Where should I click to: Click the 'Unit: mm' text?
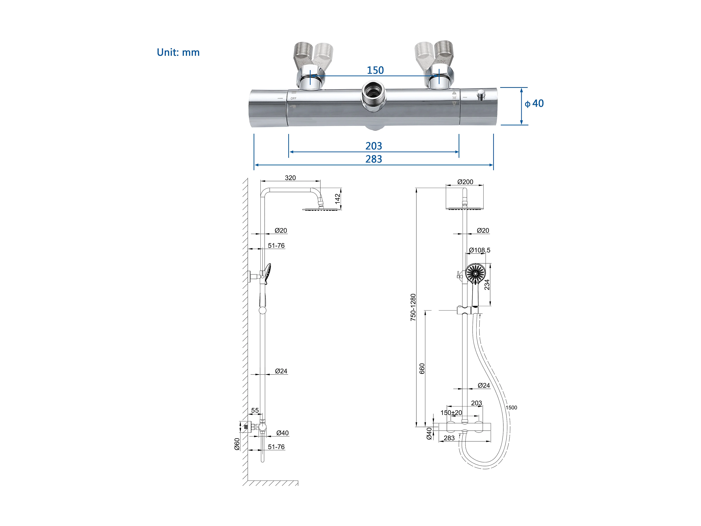pyautogui.click(x=178, y=52)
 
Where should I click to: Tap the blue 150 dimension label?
pyautogui.click(x=375, y=70)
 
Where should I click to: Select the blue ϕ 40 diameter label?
pyautogui.click(x=534, y=103)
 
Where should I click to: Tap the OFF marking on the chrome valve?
pyautogui.click(x=294, y=99)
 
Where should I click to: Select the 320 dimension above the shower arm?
pyautogui.click(x=290, y=178)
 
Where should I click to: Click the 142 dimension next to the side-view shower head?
pyautogui.click(x=338, y=198)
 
